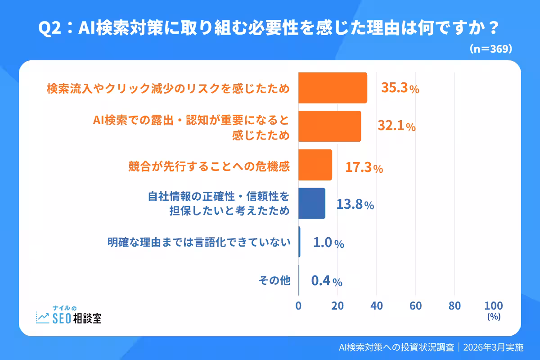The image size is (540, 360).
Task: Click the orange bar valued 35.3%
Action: (x=333, y=88)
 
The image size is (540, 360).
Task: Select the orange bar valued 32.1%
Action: (x=329, y=126)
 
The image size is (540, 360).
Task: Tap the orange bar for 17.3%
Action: (x=315, y=165)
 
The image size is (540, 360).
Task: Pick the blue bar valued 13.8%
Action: (x=312, y=203)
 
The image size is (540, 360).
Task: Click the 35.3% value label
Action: (x=400, y=88)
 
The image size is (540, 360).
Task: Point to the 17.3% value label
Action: (x=364, y=168)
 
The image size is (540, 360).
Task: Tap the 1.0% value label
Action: (x=328, y=243)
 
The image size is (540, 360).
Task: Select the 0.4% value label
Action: (x=327, y=282)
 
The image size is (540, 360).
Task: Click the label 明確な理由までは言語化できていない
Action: (x=198, y=242)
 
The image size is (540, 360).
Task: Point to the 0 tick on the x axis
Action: (x=298, y=306)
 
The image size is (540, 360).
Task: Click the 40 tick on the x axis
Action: (x=377, y=306)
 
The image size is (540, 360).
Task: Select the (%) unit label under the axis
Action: (x=494, y=317)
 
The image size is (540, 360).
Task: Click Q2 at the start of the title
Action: (x=49, y=29)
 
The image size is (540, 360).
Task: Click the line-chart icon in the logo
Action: (x=43, y=318)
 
